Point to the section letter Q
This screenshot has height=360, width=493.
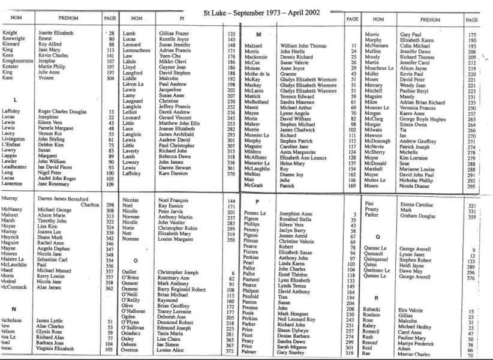tap(377, 237)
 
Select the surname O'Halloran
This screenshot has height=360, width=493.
tap(135, 312)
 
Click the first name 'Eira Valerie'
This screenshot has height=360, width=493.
tap(413, 309)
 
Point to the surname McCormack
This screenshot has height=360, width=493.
tap(17, 287)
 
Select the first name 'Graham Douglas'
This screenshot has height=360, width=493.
tap(420, 216)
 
